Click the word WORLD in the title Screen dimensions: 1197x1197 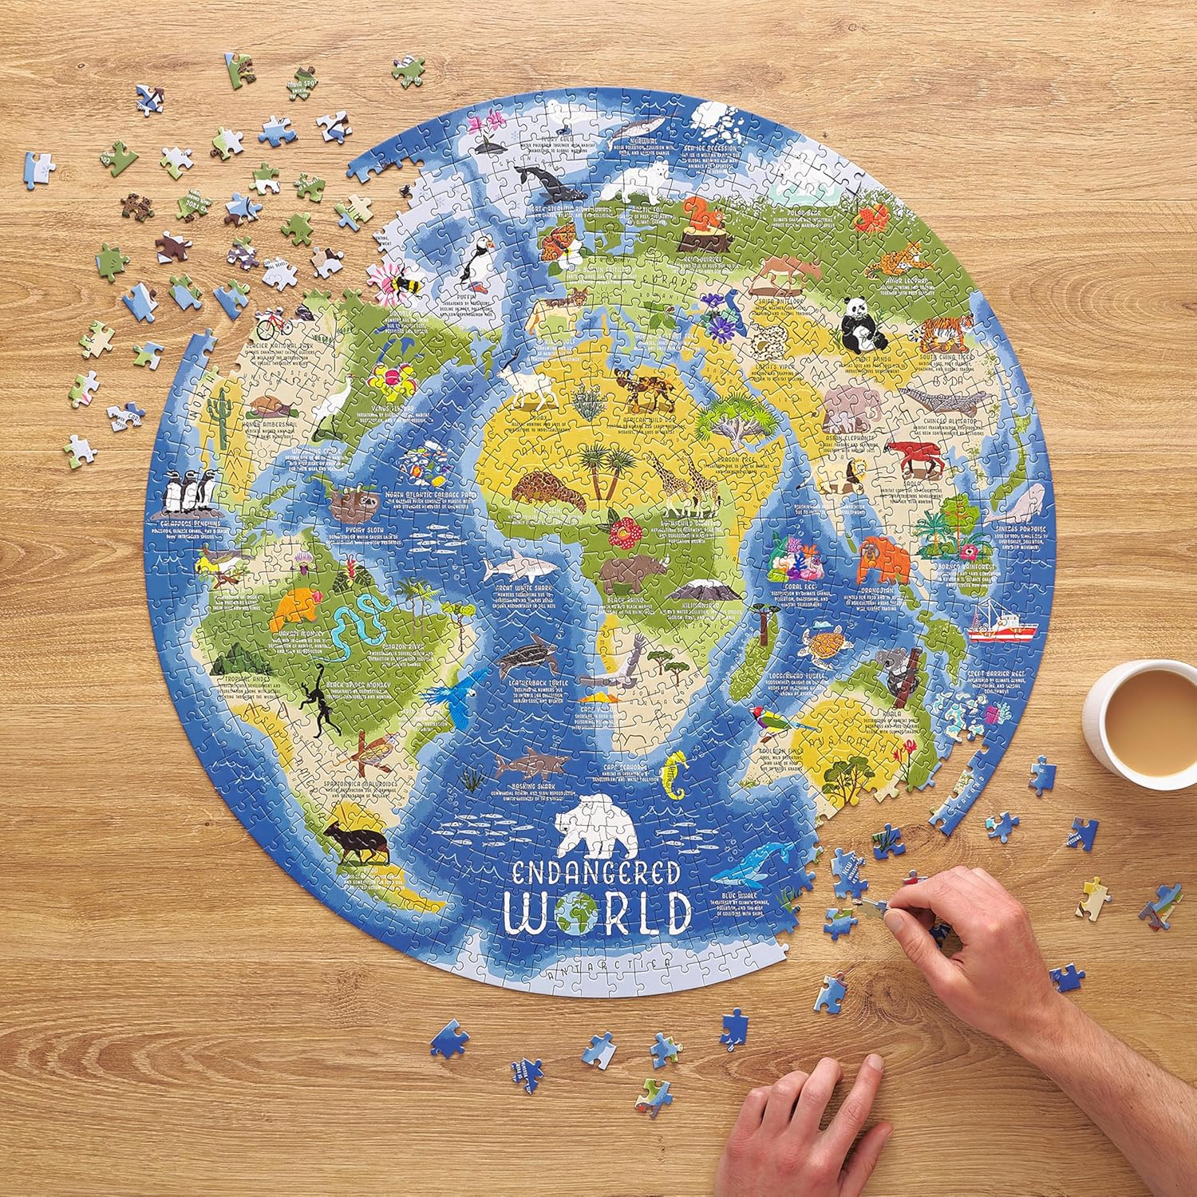598,912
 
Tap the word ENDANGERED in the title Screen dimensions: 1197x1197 592,871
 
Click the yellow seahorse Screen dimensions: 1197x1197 676,775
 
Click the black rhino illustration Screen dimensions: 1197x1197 628,572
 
